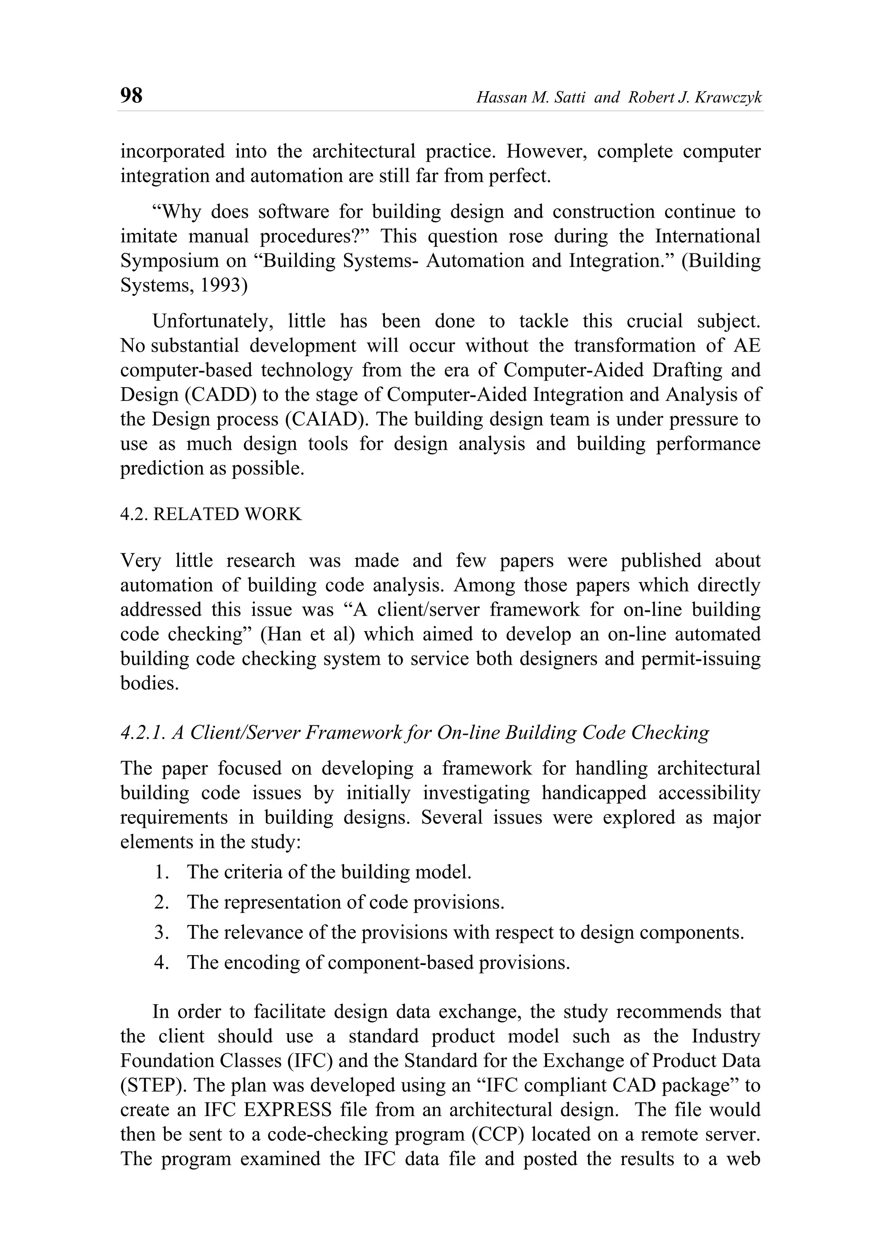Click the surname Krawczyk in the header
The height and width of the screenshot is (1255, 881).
coord(729,98)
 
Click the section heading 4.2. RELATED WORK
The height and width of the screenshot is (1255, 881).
coord(211,515)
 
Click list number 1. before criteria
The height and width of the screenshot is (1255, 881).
coord(162,872)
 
